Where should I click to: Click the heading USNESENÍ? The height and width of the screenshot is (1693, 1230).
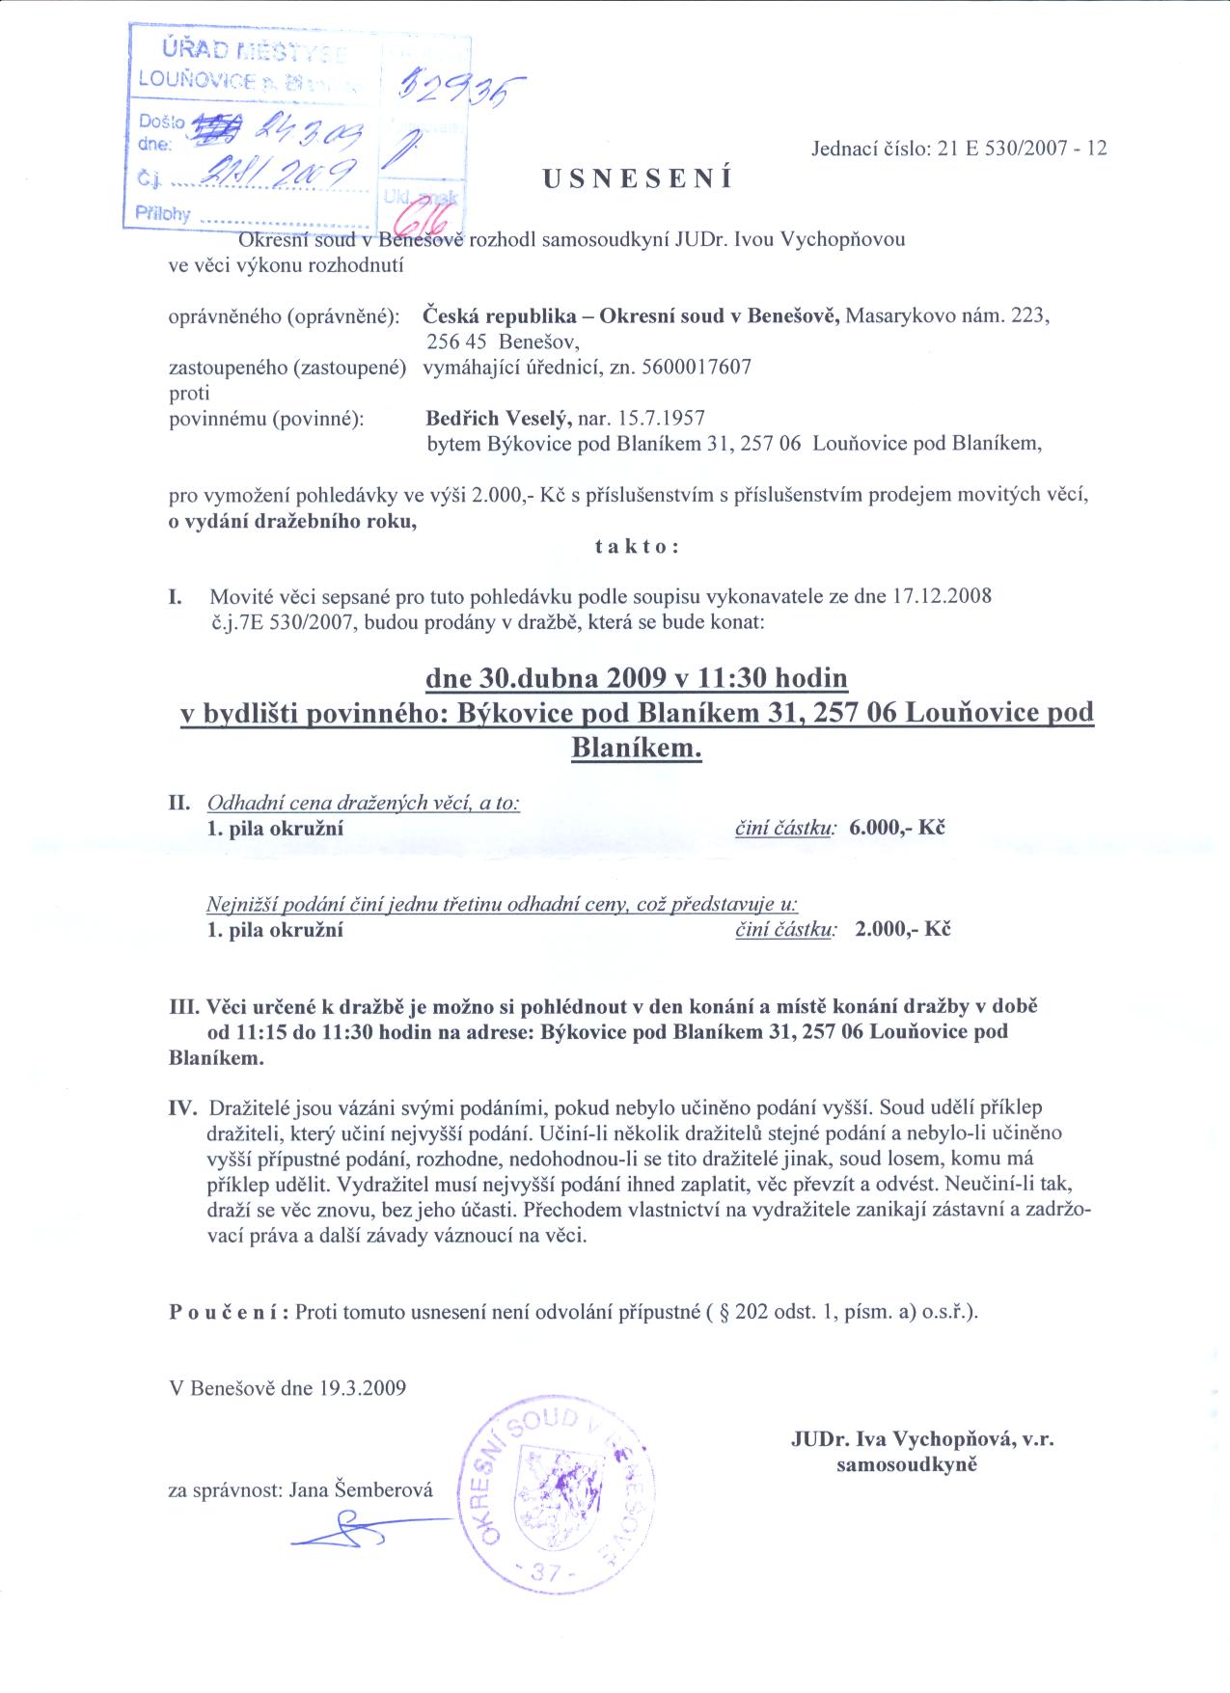(638, 178)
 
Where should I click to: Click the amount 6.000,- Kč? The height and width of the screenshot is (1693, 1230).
(896, 828)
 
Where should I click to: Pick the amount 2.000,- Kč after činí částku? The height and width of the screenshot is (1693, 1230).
(902, 930)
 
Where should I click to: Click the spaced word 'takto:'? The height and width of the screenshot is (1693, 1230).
(638, 546)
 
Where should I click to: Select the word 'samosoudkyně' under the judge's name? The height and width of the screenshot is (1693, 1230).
(907, 1464)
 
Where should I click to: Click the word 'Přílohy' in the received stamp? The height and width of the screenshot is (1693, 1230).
(161, 214)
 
